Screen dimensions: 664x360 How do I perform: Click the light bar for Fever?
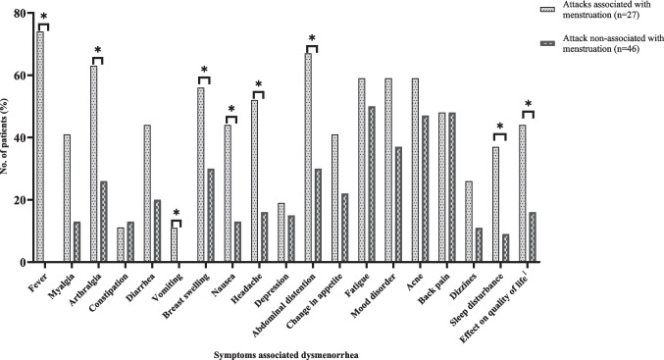click(x=40, y=146)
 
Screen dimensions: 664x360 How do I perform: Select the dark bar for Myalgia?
click(x=77, y=242)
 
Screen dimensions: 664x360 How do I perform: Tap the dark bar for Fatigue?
click(x=372, y=184)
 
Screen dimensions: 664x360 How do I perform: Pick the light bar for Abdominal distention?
click(x=308, y=158)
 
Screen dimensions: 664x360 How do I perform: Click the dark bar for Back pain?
click(x=452, y=187)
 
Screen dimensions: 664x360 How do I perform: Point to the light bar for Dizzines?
click(x=469, y=222)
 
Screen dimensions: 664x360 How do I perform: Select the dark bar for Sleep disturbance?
click(x=506, y=248)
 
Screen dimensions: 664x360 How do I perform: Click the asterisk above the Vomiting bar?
click(x=177, y=213)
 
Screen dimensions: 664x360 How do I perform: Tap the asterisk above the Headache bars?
click(x=258, y=83)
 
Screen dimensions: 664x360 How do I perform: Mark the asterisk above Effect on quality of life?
click(x=528, y=103)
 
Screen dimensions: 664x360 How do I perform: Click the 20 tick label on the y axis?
click(x=19, y=200)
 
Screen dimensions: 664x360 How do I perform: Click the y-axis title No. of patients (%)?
click(x=5, y=136)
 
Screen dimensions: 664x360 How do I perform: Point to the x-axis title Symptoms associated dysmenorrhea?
click(x=285, y=355)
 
